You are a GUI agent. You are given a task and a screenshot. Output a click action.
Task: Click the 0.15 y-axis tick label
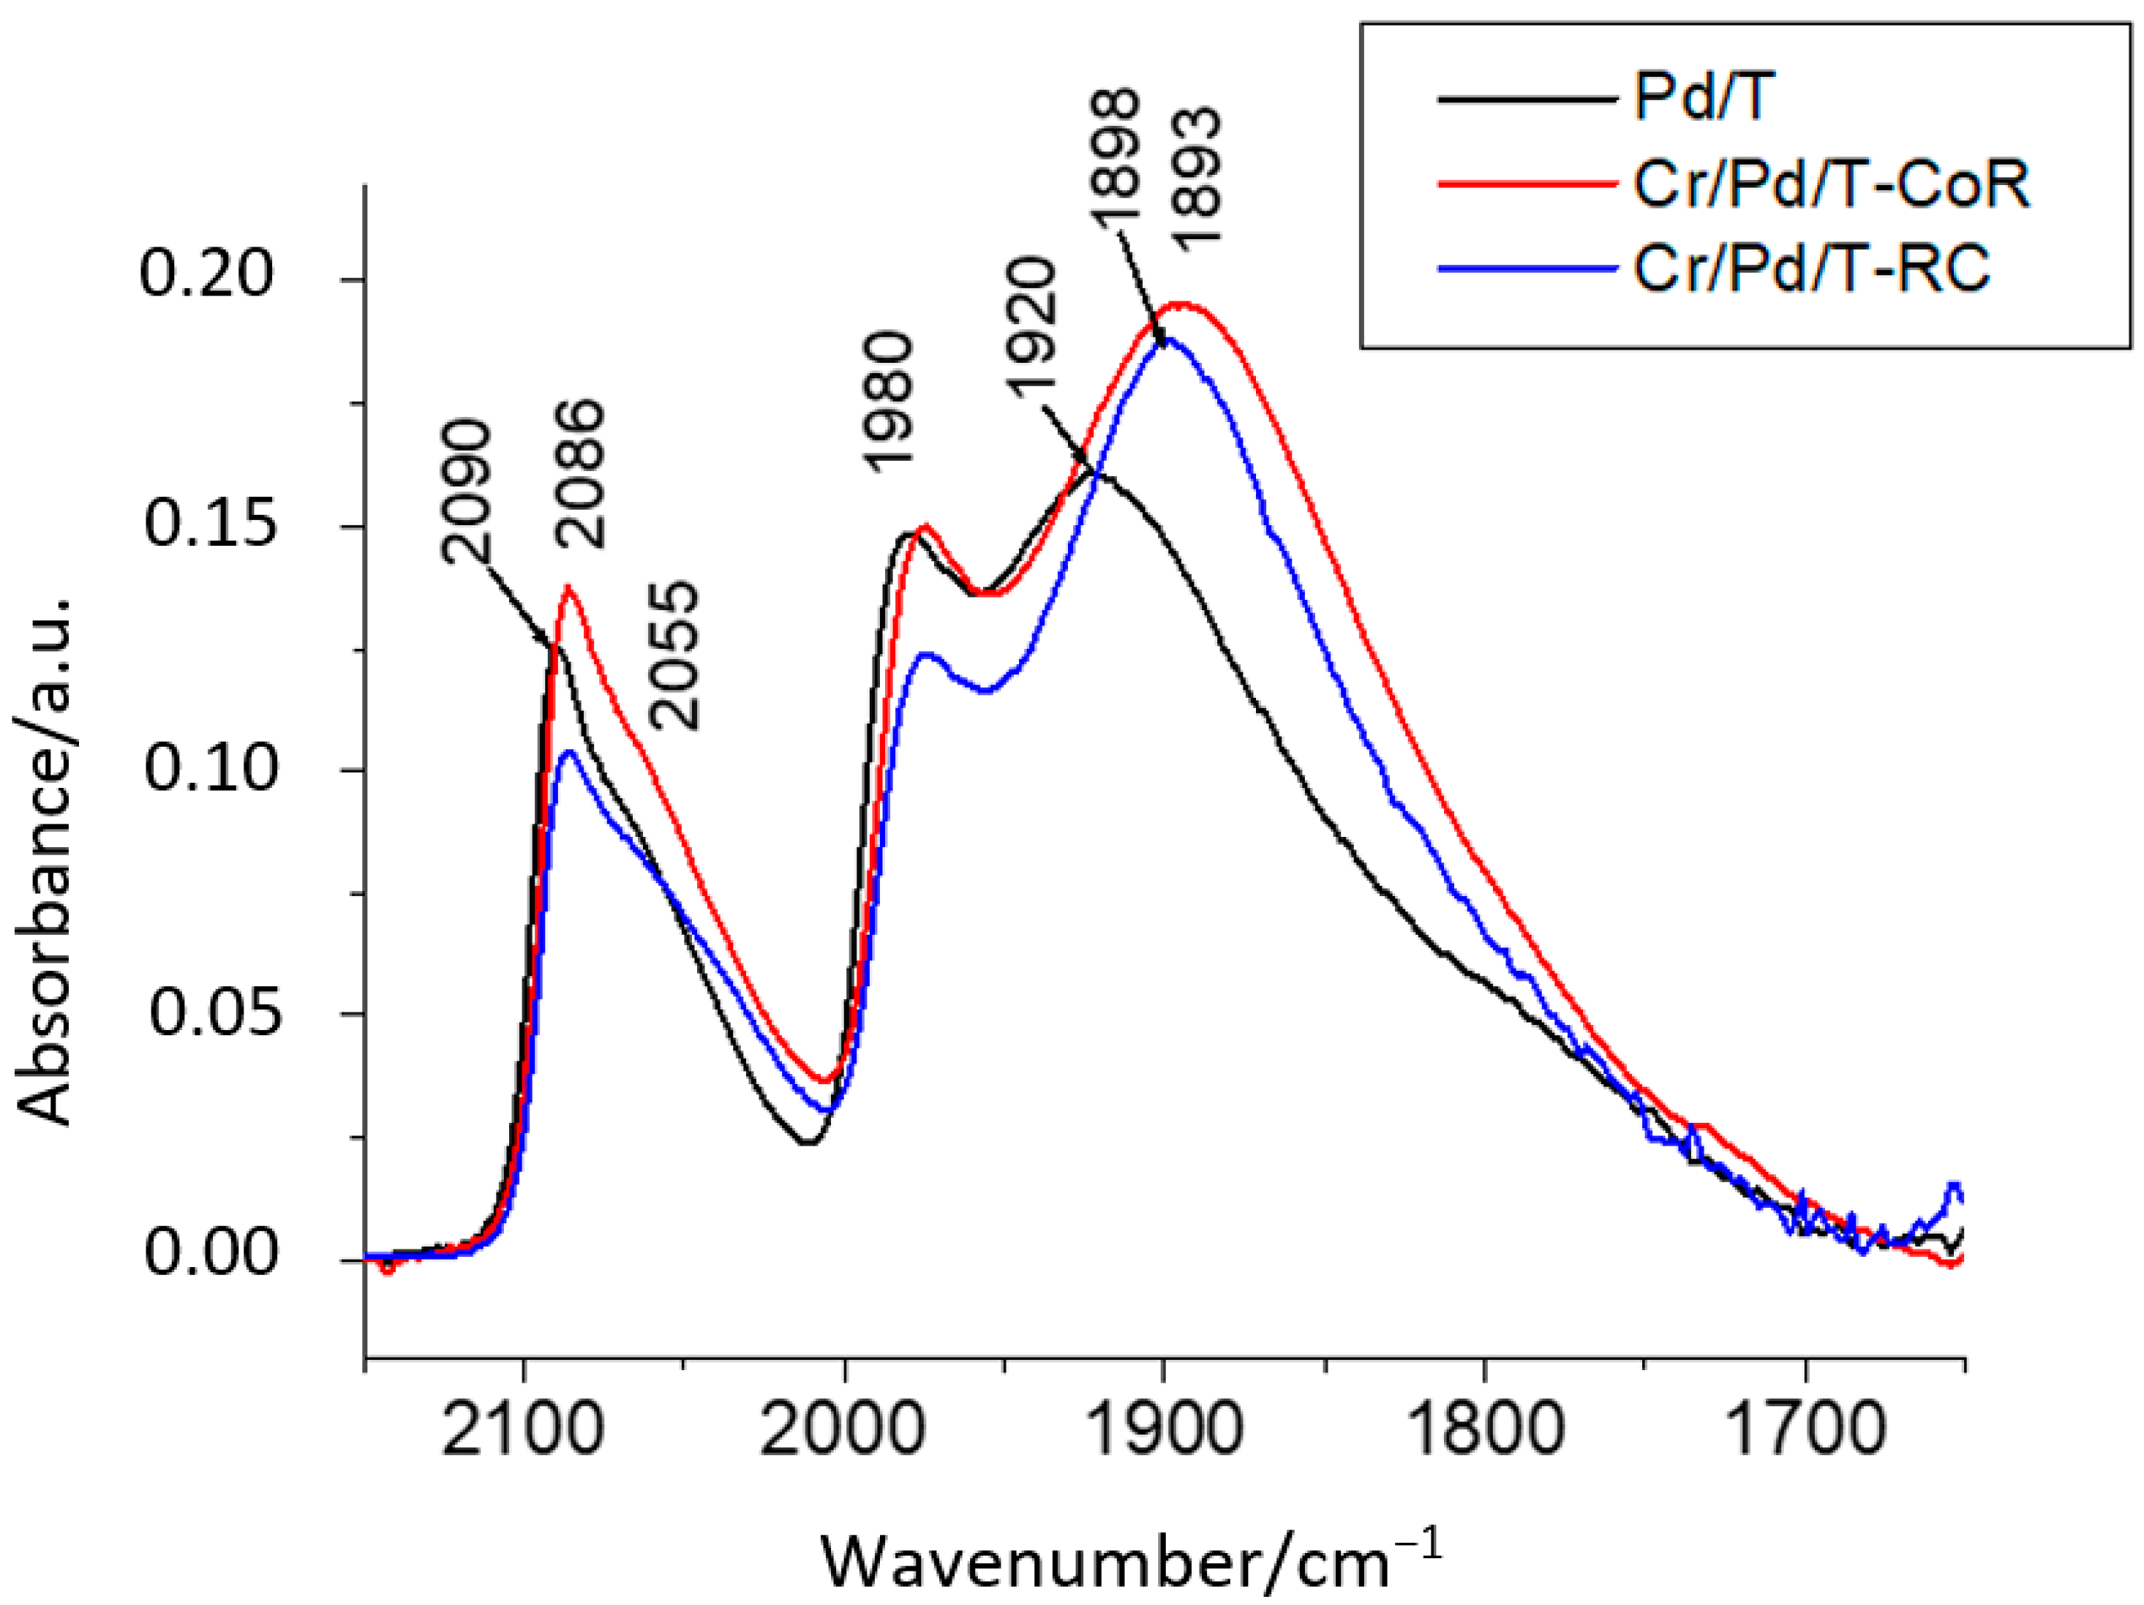209,525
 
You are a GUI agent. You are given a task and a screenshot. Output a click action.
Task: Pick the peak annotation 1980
888,402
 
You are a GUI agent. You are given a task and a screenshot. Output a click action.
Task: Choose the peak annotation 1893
1199,179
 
